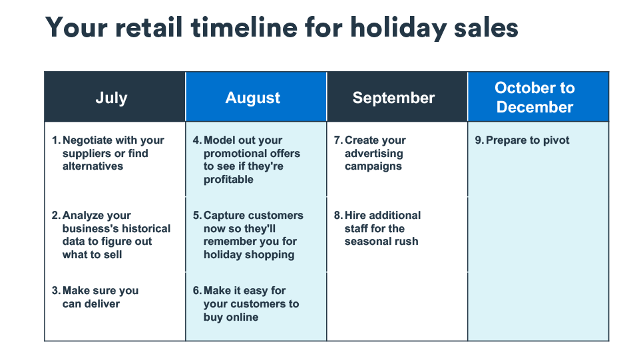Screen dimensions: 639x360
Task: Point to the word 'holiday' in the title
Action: [399, 29]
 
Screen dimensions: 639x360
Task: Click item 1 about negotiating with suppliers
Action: [108, 153]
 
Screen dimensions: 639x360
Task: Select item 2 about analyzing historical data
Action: [111, 235]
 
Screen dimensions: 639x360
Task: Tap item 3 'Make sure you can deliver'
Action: [95, 297]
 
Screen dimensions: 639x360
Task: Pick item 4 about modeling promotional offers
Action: [246, 160]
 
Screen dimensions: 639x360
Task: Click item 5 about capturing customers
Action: [248, 235]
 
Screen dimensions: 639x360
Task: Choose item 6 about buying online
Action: [246, 303]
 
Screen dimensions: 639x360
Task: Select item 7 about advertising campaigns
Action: [370, 153]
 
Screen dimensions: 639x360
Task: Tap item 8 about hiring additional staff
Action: [377, 228]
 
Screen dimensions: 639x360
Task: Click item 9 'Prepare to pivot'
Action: [522, 140]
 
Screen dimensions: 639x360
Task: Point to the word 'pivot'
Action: [555, 140]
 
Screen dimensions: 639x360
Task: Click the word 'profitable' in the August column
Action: [228, 180]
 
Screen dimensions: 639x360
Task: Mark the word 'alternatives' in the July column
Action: [93, 166]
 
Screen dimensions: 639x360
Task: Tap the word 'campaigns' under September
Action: [373, 166]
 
